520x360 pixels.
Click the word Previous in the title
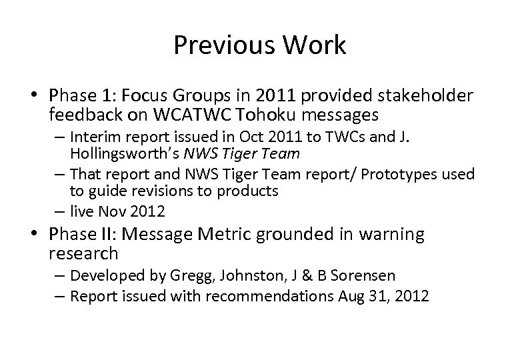click(217, 45)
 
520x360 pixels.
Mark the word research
click(83, 253)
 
